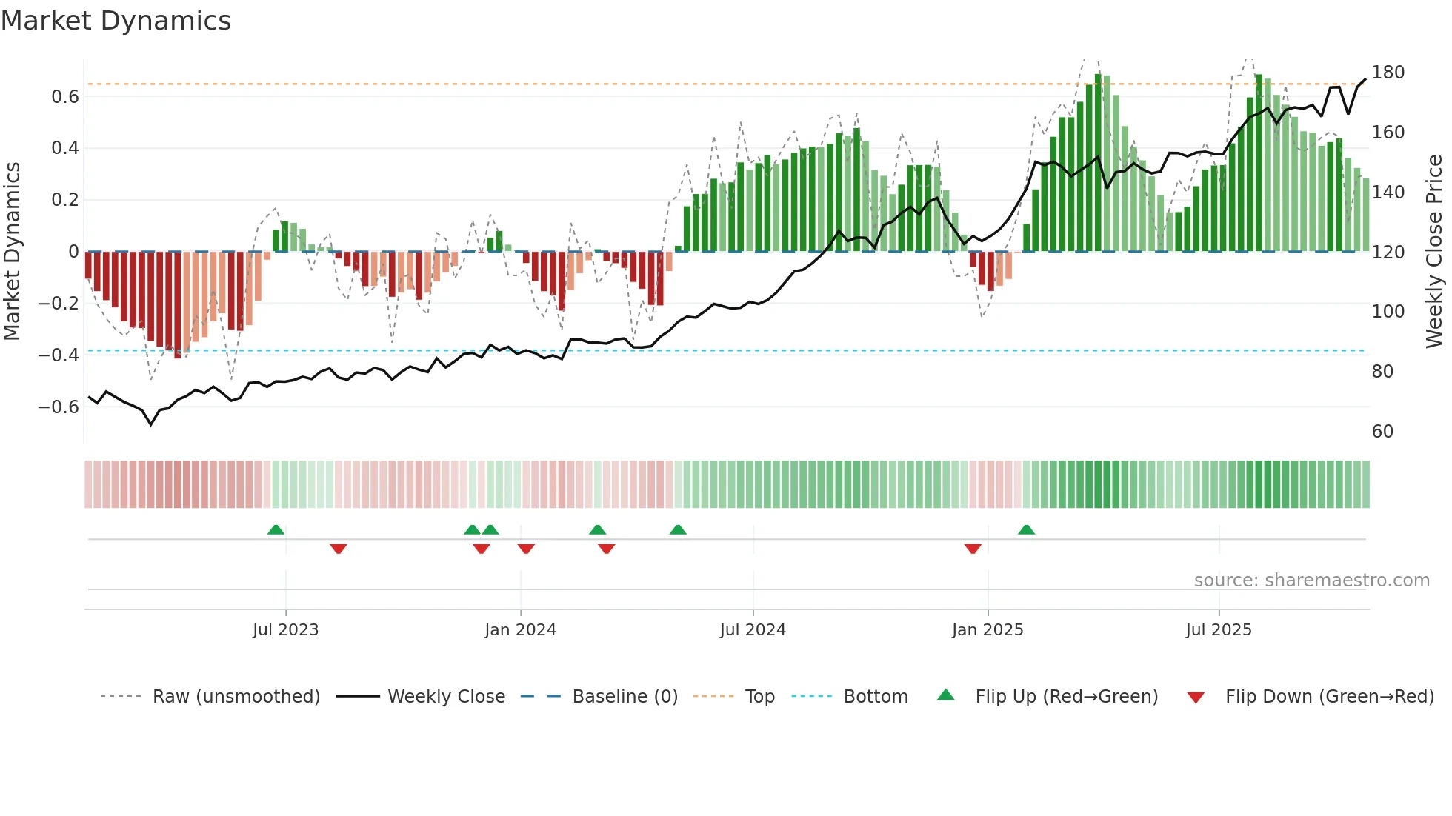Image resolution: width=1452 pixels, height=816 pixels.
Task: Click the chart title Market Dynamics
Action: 116,21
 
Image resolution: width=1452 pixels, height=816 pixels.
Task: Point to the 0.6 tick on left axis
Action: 65,97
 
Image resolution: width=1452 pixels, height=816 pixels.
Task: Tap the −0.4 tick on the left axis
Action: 59,355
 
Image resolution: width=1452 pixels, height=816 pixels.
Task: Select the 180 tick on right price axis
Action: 1388,73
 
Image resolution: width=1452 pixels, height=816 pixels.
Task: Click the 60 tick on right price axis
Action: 1382,432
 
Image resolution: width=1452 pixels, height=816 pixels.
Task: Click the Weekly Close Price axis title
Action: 1434,252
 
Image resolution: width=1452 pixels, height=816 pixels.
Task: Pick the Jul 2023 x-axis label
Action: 285,630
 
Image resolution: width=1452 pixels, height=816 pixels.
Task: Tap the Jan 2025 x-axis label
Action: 988,630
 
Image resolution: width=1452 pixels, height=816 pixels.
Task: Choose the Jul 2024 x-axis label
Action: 753,630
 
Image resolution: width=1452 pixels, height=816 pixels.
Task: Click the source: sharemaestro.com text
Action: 1311,581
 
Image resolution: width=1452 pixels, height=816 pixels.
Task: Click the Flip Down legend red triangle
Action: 1196,698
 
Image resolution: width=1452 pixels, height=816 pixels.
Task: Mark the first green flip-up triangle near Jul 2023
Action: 276,530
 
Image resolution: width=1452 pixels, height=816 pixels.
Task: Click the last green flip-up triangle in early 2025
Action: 1026,530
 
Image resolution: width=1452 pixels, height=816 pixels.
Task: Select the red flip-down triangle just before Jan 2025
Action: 973,549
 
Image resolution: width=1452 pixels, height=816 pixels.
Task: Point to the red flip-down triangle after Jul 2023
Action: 339,549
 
